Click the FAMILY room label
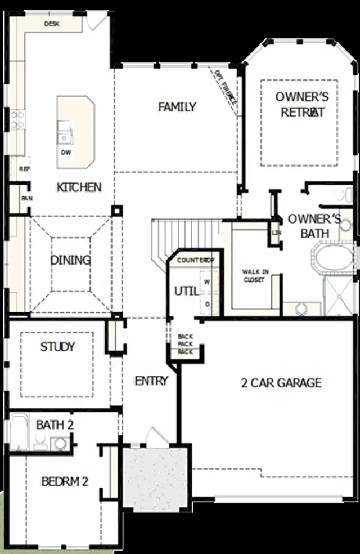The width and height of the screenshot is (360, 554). coord(177,107)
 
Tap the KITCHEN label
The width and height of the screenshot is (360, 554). coord(79,187)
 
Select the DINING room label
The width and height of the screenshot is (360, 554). coord(71,260)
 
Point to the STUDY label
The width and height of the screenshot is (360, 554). coord(57,347)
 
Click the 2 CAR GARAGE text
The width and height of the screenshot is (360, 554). coord(281,383)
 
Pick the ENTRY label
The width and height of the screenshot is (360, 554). coord(151,381)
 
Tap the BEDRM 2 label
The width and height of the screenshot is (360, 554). coord(65,482)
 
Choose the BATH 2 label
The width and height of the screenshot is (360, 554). coord(55,425)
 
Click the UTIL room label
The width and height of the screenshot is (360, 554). coord(186,291)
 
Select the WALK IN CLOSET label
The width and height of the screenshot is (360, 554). coord(255,276)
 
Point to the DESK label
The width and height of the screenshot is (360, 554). coord(52,24)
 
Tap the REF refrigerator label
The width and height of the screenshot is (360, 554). coord(24,168)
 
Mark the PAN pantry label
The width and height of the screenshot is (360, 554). coord(26,199)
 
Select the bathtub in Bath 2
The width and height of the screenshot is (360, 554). coord(18,431)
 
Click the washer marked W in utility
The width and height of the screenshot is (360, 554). coord(207,281)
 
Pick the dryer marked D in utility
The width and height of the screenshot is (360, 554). coord(207,304)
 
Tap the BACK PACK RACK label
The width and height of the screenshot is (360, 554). coord(186,343)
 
